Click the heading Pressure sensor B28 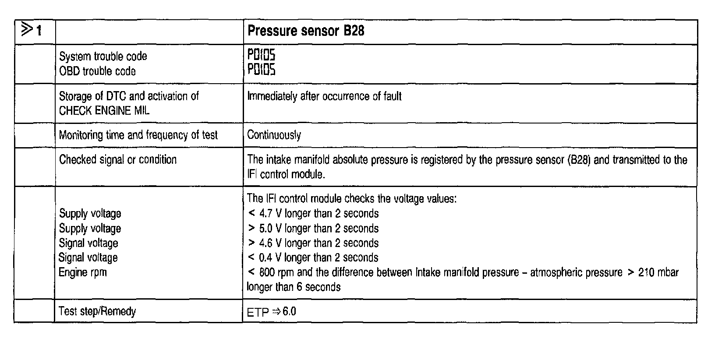(x=306, y=31)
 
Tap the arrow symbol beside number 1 (x=27, y=30)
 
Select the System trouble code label (x=103, y=56)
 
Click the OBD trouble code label (x=97, y=71)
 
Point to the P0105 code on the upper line (x=262, y=55)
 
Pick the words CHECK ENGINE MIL (x=104, y=111)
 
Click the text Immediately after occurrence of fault (x=324, y=96)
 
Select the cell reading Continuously (x=274, y=135)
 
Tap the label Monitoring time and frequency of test (x=138, y=135)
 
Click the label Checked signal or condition (x=117, y=159)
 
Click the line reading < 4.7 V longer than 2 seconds (x=313, y=214)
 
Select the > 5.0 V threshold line (x=313, y=229)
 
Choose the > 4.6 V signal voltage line (x=313, y=243)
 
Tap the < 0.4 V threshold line (x=313, y=258)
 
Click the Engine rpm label (x=83, y=272)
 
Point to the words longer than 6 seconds (x=294, y=287)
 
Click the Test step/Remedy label (x=97, y=311)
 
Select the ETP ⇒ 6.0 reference (x=272, y=312)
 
